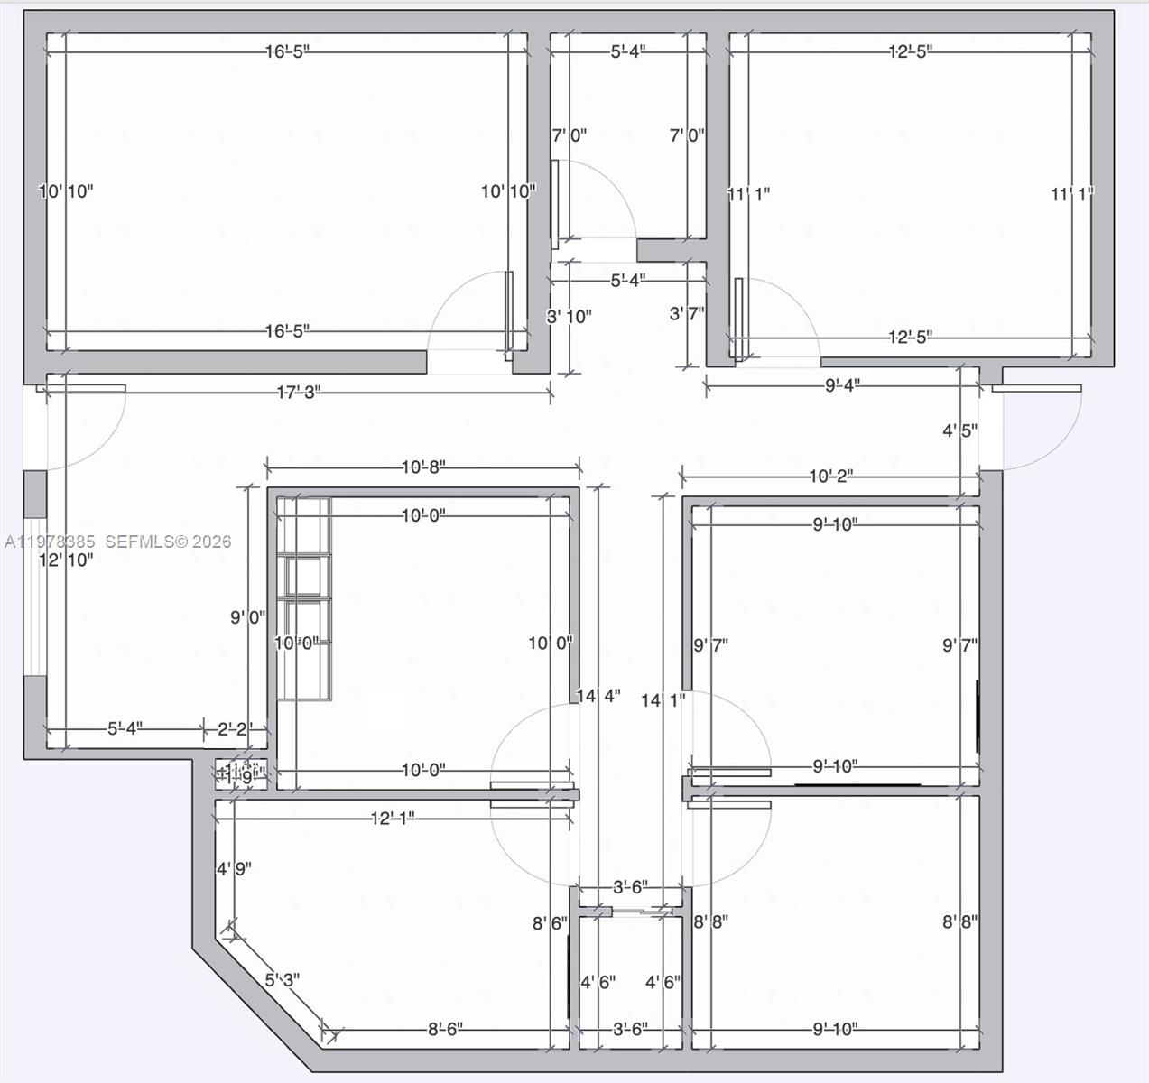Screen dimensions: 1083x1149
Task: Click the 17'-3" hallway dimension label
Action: point(298,393)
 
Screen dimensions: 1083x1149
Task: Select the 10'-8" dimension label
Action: point(423,467)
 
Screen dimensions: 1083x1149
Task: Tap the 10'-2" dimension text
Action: point(830,477)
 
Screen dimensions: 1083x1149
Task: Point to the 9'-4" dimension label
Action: point(842,385)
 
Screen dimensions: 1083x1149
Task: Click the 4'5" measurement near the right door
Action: point(960,431)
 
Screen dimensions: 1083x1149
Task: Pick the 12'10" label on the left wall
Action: point(65,560)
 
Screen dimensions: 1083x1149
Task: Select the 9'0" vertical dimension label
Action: point(247,618)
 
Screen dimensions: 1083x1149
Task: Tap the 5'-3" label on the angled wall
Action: point(282,979)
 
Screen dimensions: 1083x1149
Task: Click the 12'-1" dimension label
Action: point(393,819)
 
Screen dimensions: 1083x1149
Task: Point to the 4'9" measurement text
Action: point(233,869)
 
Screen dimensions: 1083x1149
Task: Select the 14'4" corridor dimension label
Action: point(598,697)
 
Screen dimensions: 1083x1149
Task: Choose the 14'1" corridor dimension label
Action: point(663,700)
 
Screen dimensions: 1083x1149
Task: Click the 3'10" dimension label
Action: point(569,317)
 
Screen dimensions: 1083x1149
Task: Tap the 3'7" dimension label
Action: point(687,314)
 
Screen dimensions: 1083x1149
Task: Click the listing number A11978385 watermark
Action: point(50,542)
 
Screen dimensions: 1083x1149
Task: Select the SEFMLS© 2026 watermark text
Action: point(168,542)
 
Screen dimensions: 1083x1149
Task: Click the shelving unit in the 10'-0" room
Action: point(303,597)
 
